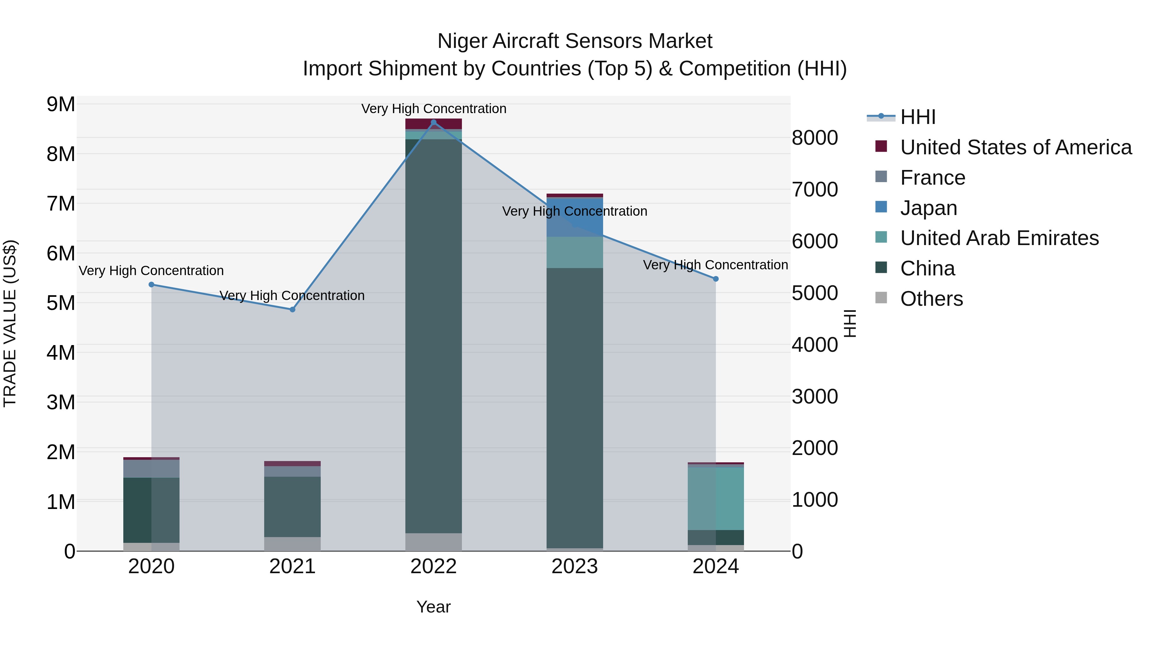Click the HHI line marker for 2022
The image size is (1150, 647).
click(x=433, y=122)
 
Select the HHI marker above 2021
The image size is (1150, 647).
click(x=292, y=309)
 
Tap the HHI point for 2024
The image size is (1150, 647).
click(x=716, y=279)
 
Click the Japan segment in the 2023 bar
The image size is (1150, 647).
click(x=575, y=217)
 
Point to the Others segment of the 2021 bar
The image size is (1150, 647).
click(x=292, y=543)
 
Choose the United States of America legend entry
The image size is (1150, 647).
click(x=1016, y=147)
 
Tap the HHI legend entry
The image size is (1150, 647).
click(x=917, y=117)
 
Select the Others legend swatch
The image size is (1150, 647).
click(x=881, y=298)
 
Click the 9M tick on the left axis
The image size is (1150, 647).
click(x=61, y=104)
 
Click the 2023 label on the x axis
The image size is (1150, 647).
click(x=575, y=566)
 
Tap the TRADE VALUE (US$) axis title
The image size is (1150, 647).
click(x=10, y=323)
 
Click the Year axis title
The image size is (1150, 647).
click(x=433, y=607)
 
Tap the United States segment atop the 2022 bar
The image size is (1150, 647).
click(x=433, y=124)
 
